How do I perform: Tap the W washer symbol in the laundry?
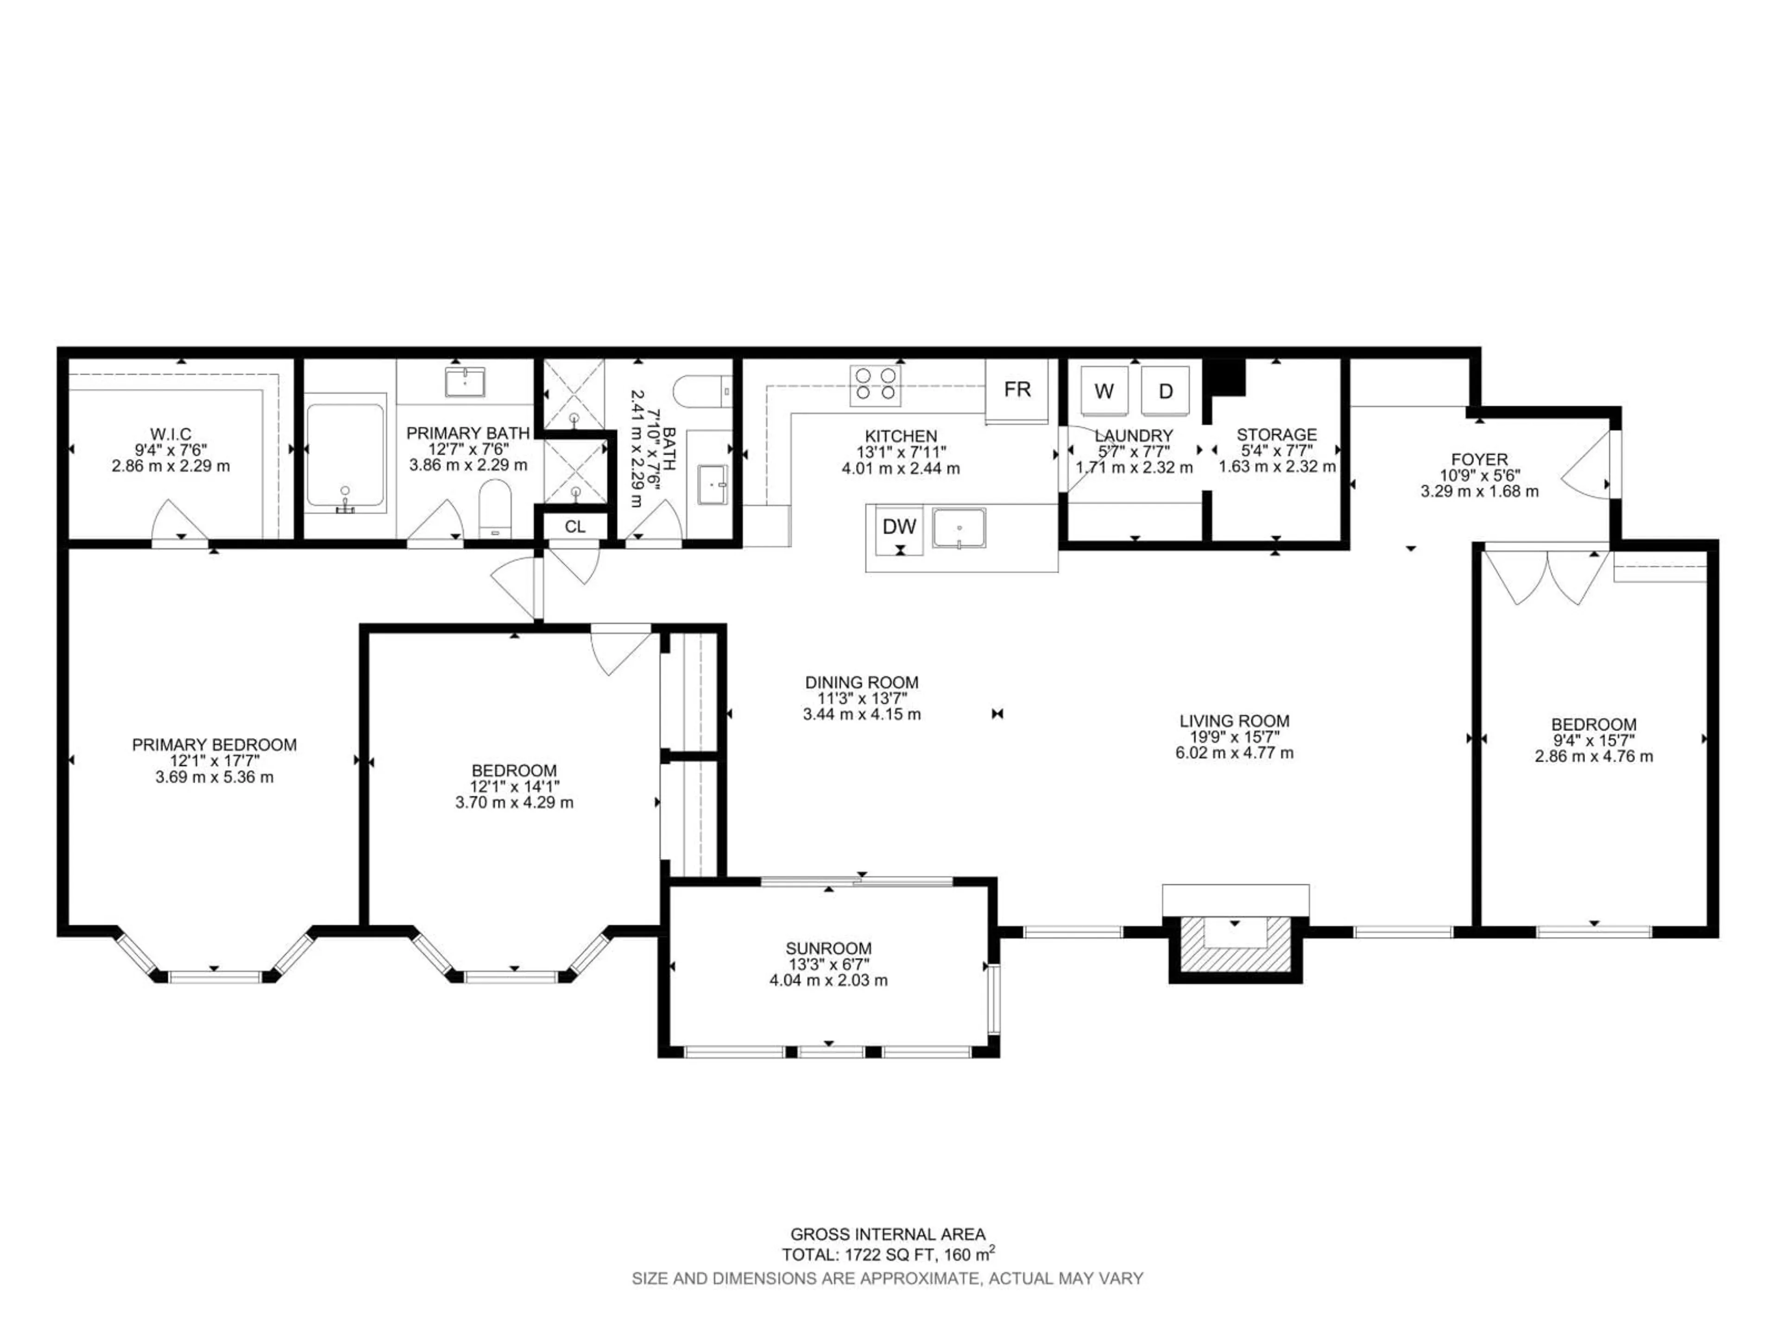1104,391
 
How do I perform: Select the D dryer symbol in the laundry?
1165,391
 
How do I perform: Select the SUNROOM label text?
828,949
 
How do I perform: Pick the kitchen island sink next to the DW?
959,529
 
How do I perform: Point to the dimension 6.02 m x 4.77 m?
1235,754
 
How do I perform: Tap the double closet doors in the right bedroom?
1546,576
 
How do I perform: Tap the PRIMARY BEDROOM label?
214,745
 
